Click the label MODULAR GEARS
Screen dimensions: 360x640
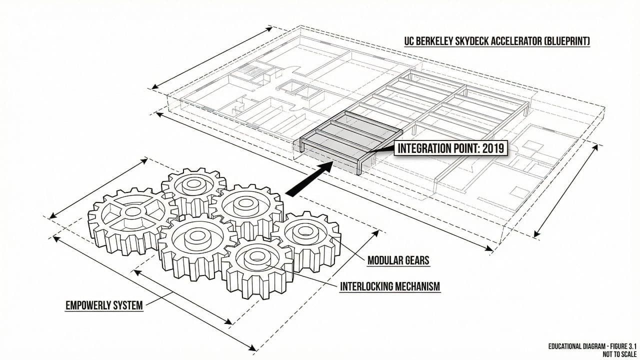click(398, 260)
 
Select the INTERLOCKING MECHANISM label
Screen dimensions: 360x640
click(390, 286)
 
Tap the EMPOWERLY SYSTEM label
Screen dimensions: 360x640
click(104, 305)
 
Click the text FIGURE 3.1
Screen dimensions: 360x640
click(618, 346)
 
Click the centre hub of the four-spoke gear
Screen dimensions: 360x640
click(132, 212)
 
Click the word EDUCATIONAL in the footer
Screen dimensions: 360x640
click(569, 346)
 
